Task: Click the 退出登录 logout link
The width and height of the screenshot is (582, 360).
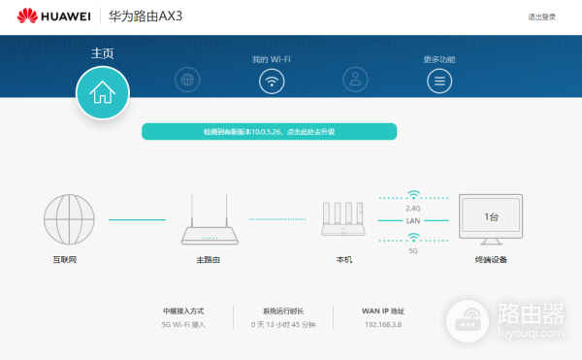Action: point(541,16)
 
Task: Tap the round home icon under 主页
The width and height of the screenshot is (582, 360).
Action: point(102,92)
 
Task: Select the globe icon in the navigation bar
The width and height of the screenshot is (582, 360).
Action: point(187,81)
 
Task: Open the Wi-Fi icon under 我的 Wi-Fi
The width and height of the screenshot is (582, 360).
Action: point(272,81)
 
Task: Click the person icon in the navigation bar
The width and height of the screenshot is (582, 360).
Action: point(355,81)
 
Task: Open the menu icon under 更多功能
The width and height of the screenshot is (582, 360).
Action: point(439,81)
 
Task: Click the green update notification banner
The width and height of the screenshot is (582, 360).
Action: point(269,131)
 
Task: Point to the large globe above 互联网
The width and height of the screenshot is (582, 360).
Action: point(67,219)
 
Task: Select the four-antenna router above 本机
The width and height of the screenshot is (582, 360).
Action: point(343,220)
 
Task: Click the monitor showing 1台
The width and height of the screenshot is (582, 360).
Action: point(491,218)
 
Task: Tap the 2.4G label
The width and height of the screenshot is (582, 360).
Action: point(413,207)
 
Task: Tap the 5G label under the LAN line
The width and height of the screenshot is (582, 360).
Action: point(413,251)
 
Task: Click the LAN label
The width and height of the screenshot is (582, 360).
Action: point(413,220)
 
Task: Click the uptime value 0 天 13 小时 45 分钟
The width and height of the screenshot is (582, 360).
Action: point(283,324)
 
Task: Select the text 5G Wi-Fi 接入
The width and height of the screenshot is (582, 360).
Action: point(183,324)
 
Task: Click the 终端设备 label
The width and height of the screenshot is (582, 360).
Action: point(491,260)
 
